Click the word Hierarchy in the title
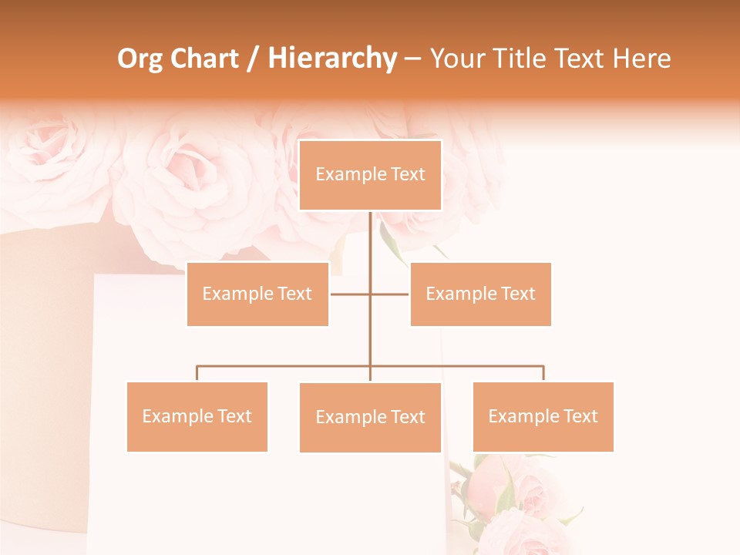[x=332, y=59]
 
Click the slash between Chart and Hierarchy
[x=252, y=59]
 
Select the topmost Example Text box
[x=370, y=175]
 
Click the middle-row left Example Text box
[x=257, y=294]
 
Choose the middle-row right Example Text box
[x=480, y=294]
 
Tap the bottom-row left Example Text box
[x=197, y=416]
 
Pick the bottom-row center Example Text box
[x=370, y=417]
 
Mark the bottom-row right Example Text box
[x=543, y=416]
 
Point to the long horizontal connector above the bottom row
[x=285, y=366]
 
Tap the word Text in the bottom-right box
[x=580, y=416]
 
